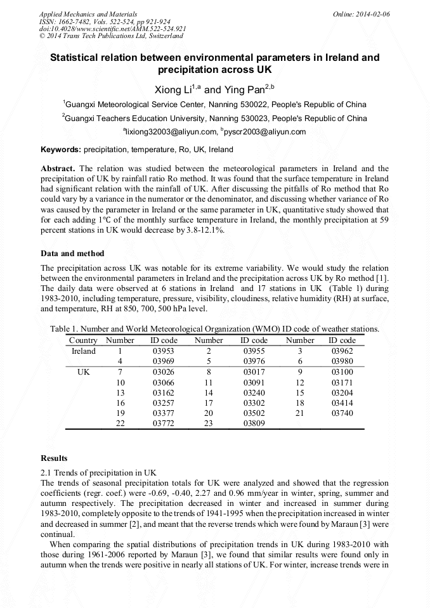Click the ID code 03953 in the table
pos(164,351)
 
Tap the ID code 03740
pos(342,413)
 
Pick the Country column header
pos(83,340)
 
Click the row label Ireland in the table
pos(84,351)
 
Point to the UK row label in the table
pos(84,372)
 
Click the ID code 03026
pos(164,372)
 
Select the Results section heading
pos(55,458)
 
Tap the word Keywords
pos(61,150)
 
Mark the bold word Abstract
pos(58,169)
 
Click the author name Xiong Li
pos(175,91)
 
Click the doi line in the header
pos(113,29)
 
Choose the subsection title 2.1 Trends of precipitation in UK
pos(98,472)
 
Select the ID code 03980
pos(342,361)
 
